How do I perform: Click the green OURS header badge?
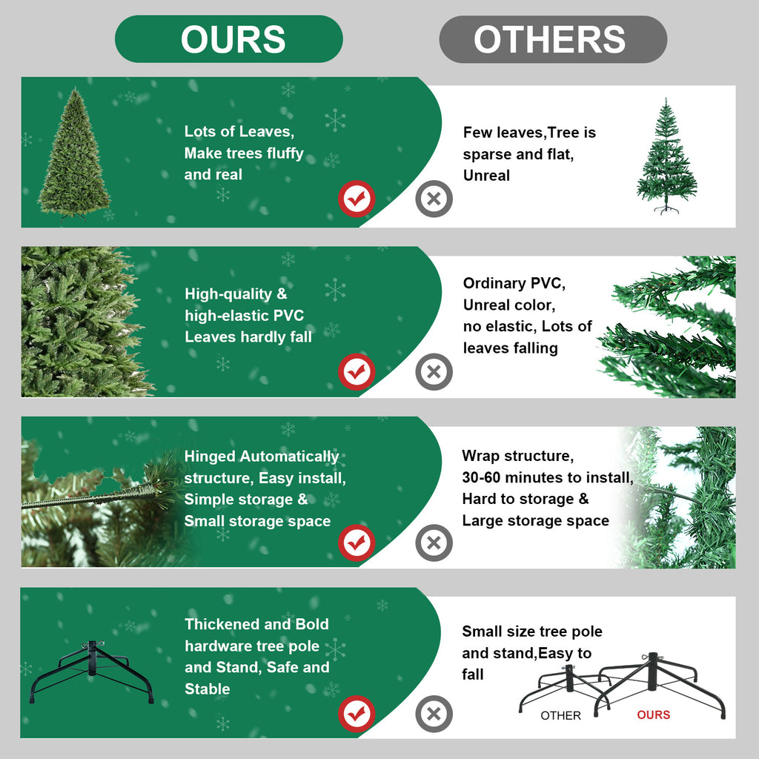(x=228, y=39)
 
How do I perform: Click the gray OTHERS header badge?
(x=552, y=39)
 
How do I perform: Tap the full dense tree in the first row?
(x=74, y=154)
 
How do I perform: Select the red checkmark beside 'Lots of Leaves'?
(x=357, y=199)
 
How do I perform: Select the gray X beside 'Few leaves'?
(x=434, y=199)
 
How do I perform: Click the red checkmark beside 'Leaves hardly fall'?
(x=357, y=371)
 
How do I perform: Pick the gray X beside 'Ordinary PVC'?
(x=434, y=371)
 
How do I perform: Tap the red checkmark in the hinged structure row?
(x=357, y=543)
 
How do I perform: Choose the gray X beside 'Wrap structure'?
(x=434, y=543)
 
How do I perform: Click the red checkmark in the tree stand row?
(x=357, y=715)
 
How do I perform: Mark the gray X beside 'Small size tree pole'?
(x=434, y=715)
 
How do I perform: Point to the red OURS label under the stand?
(x=653, y=715)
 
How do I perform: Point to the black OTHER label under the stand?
(x=561, y=715)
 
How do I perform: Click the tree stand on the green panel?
(x=92, y=671)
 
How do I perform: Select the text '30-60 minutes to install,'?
(x=548, y=477)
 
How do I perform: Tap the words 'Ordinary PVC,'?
(x=514, y=283)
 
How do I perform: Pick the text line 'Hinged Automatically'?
(x=262, y=457)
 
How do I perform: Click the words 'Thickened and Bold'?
(x=256, y=624)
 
